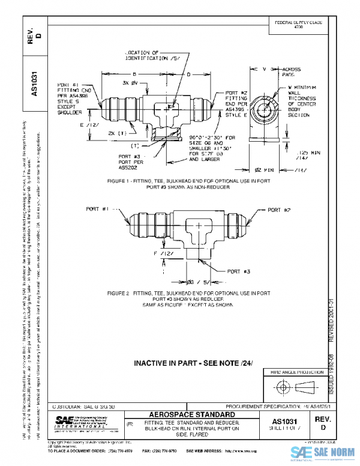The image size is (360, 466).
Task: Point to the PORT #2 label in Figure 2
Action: click(x=278, y=210)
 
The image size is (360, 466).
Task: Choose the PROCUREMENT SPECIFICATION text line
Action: click(x=272, y=407)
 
